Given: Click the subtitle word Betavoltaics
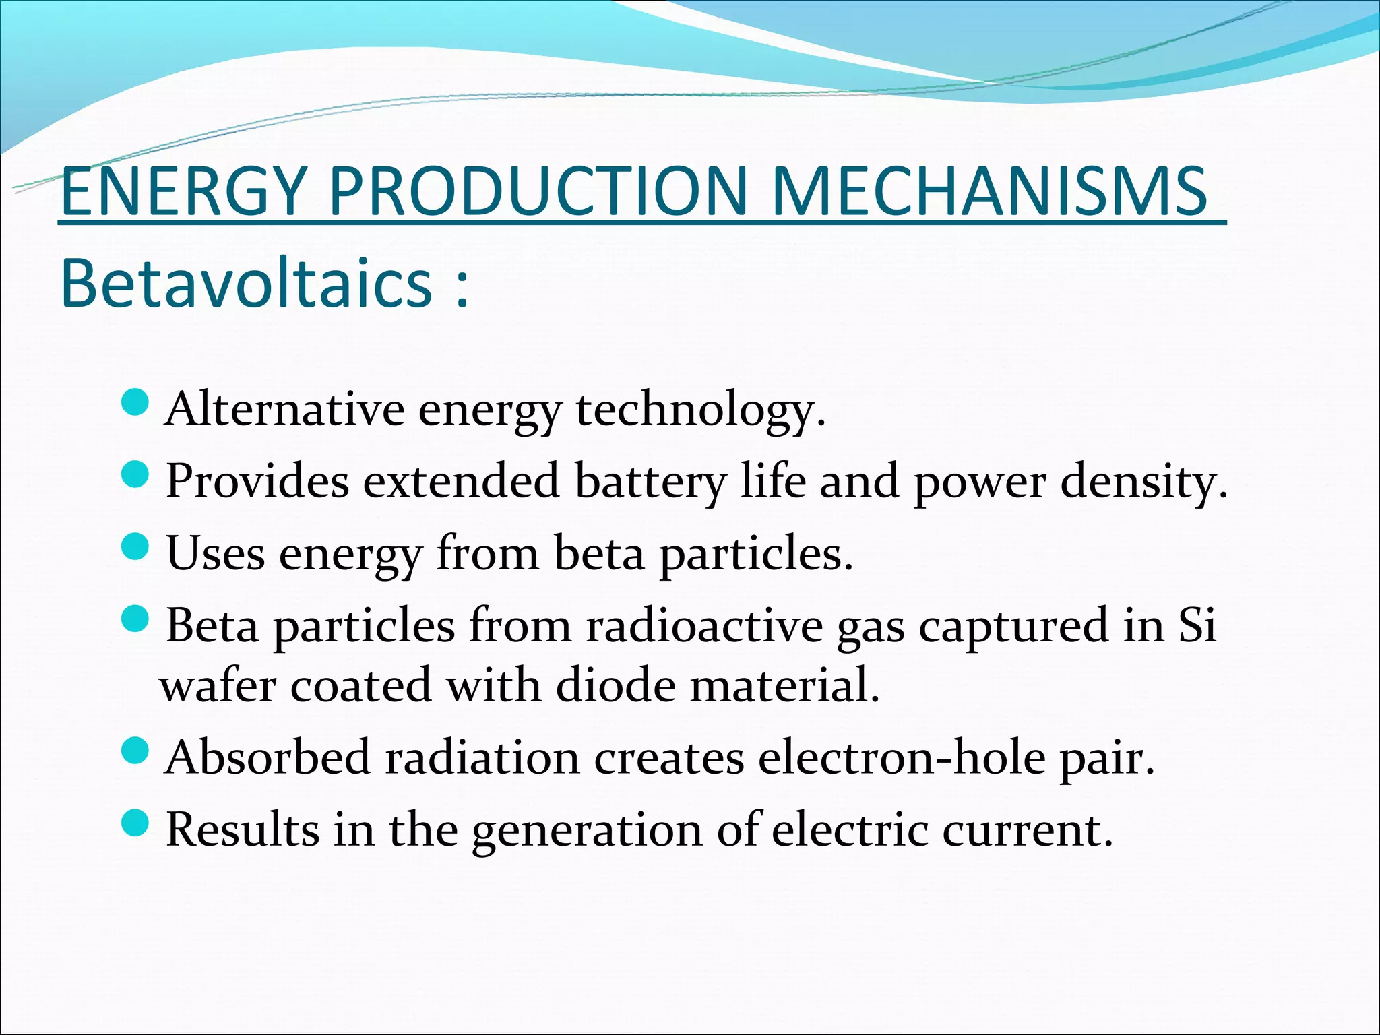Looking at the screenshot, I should tap(247, 284).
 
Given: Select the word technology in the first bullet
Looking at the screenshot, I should tap(701, 410).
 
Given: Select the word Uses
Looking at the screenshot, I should tap(216, 553).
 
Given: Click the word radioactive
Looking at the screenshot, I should tap(704, 625).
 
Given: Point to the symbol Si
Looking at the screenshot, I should tap(1197, 625).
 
